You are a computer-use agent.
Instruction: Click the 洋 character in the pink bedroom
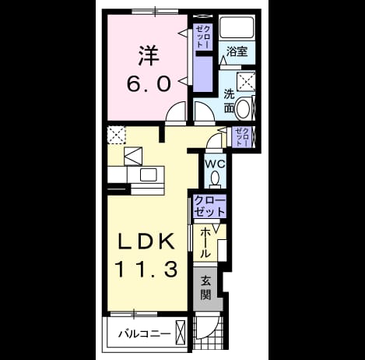[149, 55]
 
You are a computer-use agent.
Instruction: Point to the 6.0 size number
[149, 84]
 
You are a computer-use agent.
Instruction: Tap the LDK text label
[146, 242]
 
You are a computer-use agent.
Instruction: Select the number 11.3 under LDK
[147, 269]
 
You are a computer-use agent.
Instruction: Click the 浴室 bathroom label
[237, 51]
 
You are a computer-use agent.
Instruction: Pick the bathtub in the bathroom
[237, 27]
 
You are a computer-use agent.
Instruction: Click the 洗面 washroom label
[229, 101]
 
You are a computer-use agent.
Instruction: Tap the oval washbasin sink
[243, 108]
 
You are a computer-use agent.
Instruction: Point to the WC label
[215, 164]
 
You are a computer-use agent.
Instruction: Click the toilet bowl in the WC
[215, 178]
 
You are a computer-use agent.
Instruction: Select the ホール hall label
[205, 242]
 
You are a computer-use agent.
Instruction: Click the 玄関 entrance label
[206, 288]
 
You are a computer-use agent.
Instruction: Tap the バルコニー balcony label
[145, 334]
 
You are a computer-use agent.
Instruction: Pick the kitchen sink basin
[148, 175]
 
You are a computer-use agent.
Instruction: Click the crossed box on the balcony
[181, 330]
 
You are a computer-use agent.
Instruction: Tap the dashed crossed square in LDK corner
[117, 135]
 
